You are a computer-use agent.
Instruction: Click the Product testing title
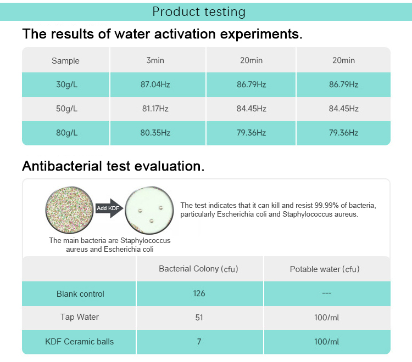pyautogui.click(x=199, y=12)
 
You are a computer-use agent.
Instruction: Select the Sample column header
pyautogui.click(x=65, y=61)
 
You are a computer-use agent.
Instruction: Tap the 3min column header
pyautogui.click(x=155, y=60)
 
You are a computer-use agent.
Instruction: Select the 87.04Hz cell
pyautogui.click(x=155, y=84)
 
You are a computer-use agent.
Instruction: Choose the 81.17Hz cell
pyautogui.click(x=155, y=109)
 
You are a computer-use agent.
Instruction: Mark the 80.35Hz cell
pyautogui.click(x=155, y=133)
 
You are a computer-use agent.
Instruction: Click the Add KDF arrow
pyautogui.click(x=108, y=208)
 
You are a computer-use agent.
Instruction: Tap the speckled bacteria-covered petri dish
pyautogui.click(x=69, y=208)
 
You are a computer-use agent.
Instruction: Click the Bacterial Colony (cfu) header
pyautogui.click(x=198, y=269)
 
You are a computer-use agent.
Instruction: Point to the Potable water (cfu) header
pyautogui.click(x=325, y=269)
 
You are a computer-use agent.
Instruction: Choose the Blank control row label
pyautogui.click(x=80, y=293)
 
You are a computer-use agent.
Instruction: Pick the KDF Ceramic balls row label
pyautogui.click(x=80, y=341)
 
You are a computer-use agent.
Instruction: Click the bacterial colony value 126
pyautogui.click(x=199, y=293)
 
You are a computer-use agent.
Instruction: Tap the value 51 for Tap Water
pyautogui.click(x=199, y=317)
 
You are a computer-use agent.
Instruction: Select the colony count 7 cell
pyautogui.click(x=199, y=341)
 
